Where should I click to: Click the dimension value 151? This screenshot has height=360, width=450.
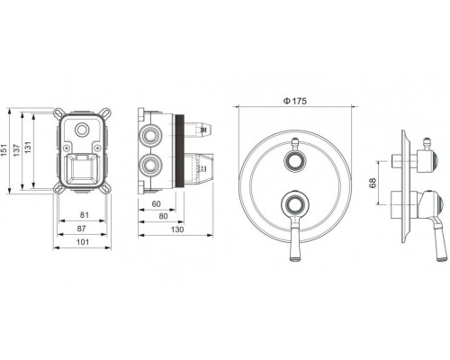click(x=4, y=150)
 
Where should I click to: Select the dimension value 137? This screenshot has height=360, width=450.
click(x=16, y=150)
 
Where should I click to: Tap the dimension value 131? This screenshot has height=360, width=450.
click(x=28, y=148)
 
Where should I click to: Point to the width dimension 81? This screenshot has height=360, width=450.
click(x=85, y=215)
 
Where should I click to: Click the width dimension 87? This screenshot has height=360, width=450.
click(x=82, y=229)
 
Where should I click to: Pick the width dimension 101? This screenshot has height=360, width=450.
click(x=83, y=242)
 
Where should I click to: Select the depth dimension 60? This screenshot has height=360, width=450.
click(x=157, y=204)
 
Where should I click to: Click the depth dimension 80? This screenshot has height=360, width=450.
click(x=163, y=216)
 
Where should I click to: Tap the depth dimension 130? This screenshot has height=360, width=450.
click(x=177, y=229)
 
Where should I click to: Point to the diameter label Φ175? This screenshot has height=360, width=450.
click(x=295, y=101)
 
